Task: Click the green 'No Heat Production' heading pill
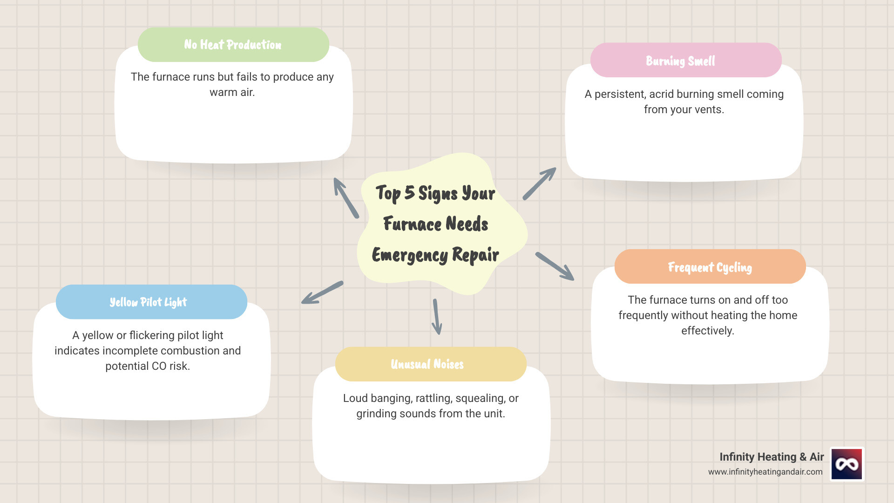coord(233,45)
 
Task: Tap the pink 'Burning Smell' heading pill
coord(685,61)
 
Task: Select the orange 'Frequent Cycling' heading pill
coord(710,267)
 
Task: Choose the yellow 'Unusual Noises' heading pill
coord(430,364)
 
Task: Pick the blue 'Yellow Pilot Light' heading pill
coord(151,302)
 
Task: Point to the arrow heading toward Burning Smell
coord(540,184)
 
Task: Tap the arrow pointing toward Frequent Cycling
coord(555,266)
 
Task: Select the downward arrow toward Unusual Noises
coord(436,317)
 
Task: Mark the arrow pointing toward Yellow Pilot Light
coord(322,292)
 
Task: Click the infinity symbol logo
coord(847,464)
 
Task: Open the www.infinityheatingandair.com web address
coord(765,472)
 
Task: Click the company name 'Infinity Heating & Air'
coord(772,457)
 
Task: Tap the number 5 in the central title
coord(409,192)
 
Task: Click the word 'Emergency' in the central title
coord(410,255)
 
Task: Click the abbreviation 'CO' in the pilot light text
coord(159,366)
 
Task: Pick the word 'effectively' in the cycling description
coord(706,331)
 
